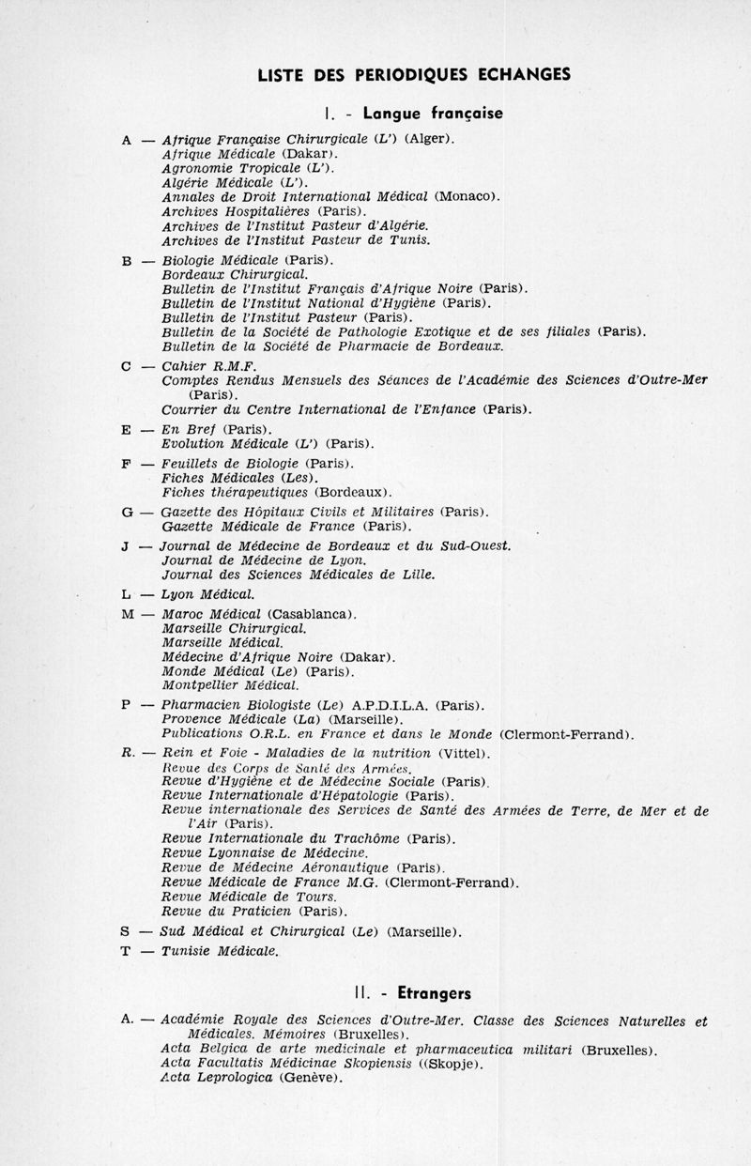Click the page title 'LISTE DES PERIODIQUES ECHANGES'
click(413, 75)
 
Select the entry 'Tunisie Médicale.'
click(220, 950)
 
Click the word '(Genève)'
click(311, 1078)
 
